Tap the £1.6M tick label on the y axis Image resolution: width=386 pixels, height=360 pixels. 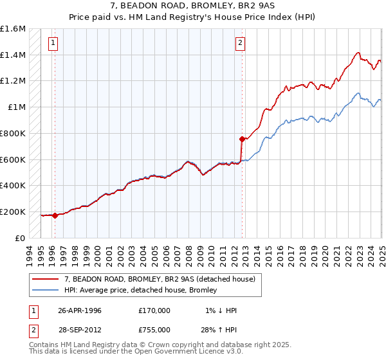point(13,29)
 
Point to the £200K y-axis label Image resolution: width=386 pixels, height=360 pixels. point(13,212)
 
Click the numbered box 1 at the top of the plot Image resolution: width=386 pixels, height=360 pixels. point(53,44)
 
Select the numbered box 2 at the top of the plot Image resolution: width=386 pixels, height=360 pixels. point(240,44)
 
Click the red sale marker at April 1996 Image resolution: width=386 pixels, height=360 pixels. point(55,215)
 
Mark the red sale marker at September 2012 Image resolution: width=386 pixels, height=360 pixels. point(242,138)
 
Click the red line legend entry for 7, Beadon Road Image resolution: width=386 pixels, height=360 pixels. point(160,279)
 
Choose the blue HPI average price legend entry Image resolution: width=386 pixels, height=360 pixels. point(141,290)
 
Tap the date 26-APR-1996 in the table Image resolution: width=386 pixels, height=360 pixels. point(80,310)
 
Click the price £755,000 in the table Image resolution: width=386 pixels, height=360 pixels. point(154,330)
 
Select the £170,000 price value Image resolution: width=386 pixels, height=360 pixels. point(154,310)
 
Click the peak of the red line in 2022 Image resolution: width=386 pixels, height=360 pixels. point(358,53)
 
